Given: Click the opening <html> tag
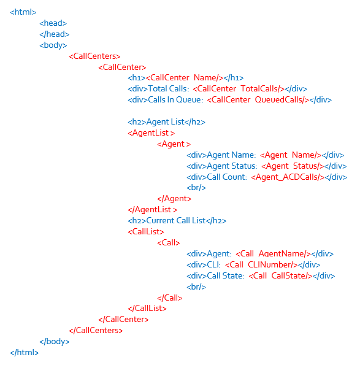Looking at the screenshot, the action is click(x=23, y=12).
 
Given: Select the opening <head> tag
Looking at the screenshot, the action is click(x=53, y=23).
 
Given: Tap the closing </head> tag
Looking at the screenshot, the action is click(x=54, y=34).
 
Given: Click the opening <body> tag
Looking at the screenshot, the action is click(x=53, y=45).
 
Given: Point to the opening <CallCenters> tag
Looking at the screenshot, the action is click(x=94, y=56).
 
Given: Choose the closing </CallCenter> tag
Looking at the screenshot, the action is click(x=123, y=319).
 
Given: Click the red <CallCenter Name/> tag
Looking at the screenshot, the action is click(x=185, y=78).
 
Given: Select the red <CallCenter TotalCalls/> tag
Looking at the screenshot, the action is click(x=239, y=89).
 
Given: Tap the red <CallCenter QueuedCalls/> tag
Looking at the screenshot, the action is click(x=258, y=99).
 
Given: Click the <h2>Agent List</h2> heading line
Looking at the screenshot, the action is click(x=166, y=121).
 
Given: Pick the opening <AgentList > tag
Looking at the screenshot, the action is click(x=151, y=133).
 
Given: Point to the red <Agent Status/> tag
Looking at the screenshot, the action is click(x=293, y=166).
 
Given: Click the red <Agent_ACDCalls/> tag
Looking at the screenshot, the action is click(x=288, y=177).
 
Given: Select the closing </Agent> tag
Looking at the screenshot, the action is click(x=174, y=199).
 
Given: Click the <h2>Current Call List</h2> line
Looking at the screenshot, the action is click(x=177, y=220).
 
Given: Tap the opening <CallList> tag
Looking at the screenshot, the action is click(x=146, y=232).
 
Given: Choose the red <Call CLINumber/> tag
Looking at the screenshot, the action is click(x=261, y=264).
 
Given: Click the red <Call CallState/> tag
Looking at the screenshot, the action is click(x=280, y=276).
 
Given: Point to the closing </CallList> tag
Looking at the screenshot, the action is click(x=147, y=308).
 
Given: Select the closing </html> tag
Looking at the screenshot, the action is click(x=24, y=352).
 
